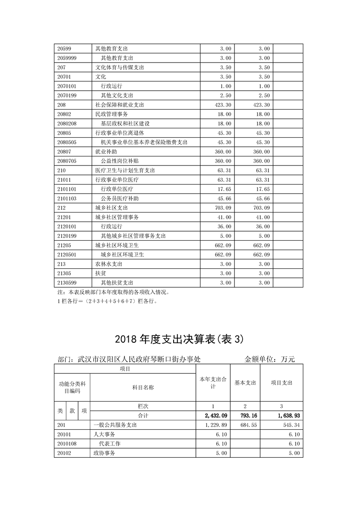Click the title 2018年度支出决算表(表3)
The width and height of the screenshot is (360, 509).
(x=180, y=339)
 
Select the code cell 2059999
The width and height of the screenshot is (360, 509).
(x=67, y=58)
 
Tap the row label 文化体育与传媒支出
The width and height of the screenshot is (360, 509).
(x=120, y=68)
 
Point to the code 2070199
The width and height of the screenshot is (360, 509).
(x=67, y=96)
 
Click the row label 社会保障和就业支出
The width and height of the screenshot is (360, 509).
(x=120, y=105)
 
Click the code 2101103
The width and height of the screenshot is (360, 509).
(x=67, y=199)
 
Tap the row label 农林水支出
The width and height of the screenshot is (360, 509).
(x=109, y=264)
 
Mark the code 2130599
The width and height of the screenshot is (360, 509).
(x=67, y=282)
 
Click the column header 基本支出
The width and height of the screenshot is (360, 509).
(x=245, y=383)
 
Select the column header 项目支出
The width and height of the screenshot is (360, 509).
(x=282, y=383)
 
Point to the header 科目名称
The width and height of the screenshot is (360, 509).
(x=143, y=388)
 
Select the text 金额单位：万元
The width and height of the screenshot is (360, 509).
(x=270, y=359)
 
